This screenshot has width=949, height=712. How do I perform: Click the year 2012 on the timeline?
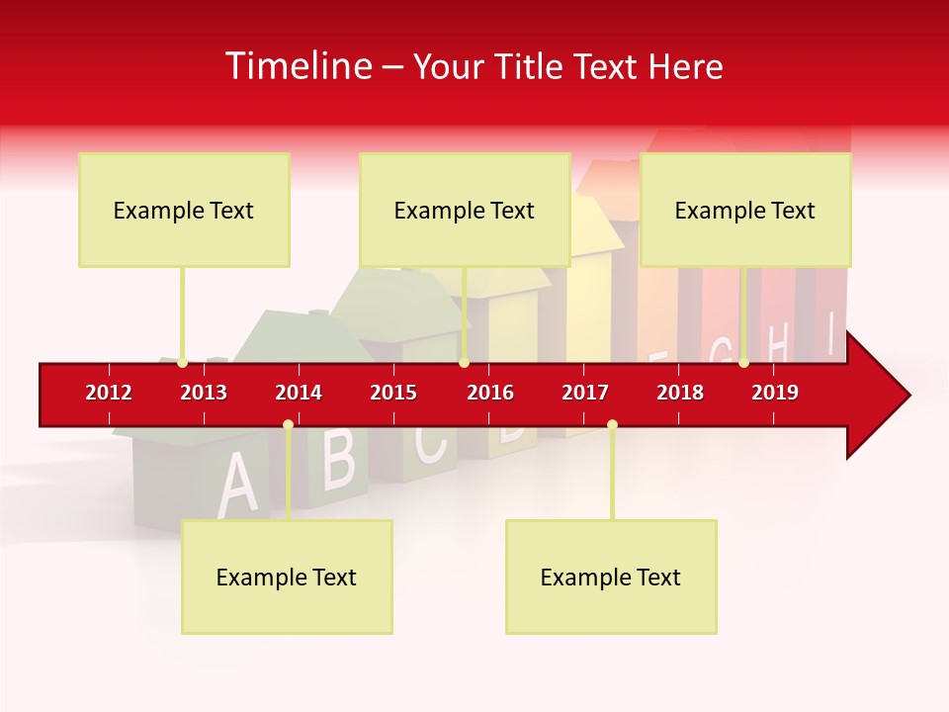(x=109, y=393)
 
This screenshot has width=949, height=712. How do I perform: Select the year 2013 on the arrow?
(x=204, y=393)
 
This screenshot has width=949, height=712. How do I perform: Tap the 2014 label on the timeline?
(x=299, y=393)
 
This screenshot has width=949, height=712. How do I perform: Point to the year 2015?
(x=393, y=393)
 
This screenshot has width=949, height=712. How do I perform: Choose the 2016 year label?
(x=490, y=393)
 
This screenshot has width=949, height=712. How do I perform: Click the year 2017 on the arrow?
(x=585, y=393)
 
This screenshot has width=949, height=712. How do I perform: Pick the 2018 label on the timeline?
(x=680, y=393)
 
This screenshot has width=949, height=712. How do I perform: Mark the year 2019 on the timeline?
(x=775, y=393)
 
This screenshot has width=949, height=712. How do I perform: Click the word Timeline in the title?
(x=297, y=66)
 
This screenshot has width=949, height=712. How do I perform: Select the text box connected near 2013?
(x=184, y=210)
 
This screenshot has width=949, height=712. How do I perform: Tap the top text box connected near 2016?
(x=465, y=210)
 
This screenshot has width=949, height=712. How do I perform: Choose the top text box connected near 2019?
(x=745, y=210)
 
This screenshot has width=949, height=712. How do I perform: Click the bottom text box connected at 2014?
(x=287, y=577)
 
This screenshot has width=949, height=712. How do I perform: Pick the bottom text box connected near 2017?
(x=611, y=577)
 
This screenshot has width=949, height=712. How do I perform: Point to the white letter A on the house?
(x=235, y=485)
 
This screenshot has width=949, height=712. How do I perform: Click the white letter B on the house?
(x=338, y=459)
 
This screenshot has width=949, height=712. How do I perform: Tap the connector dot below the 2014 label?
(x=288, y=424)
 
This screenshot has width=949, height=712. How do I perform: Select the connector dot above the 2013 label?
(x=182, y=363)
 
